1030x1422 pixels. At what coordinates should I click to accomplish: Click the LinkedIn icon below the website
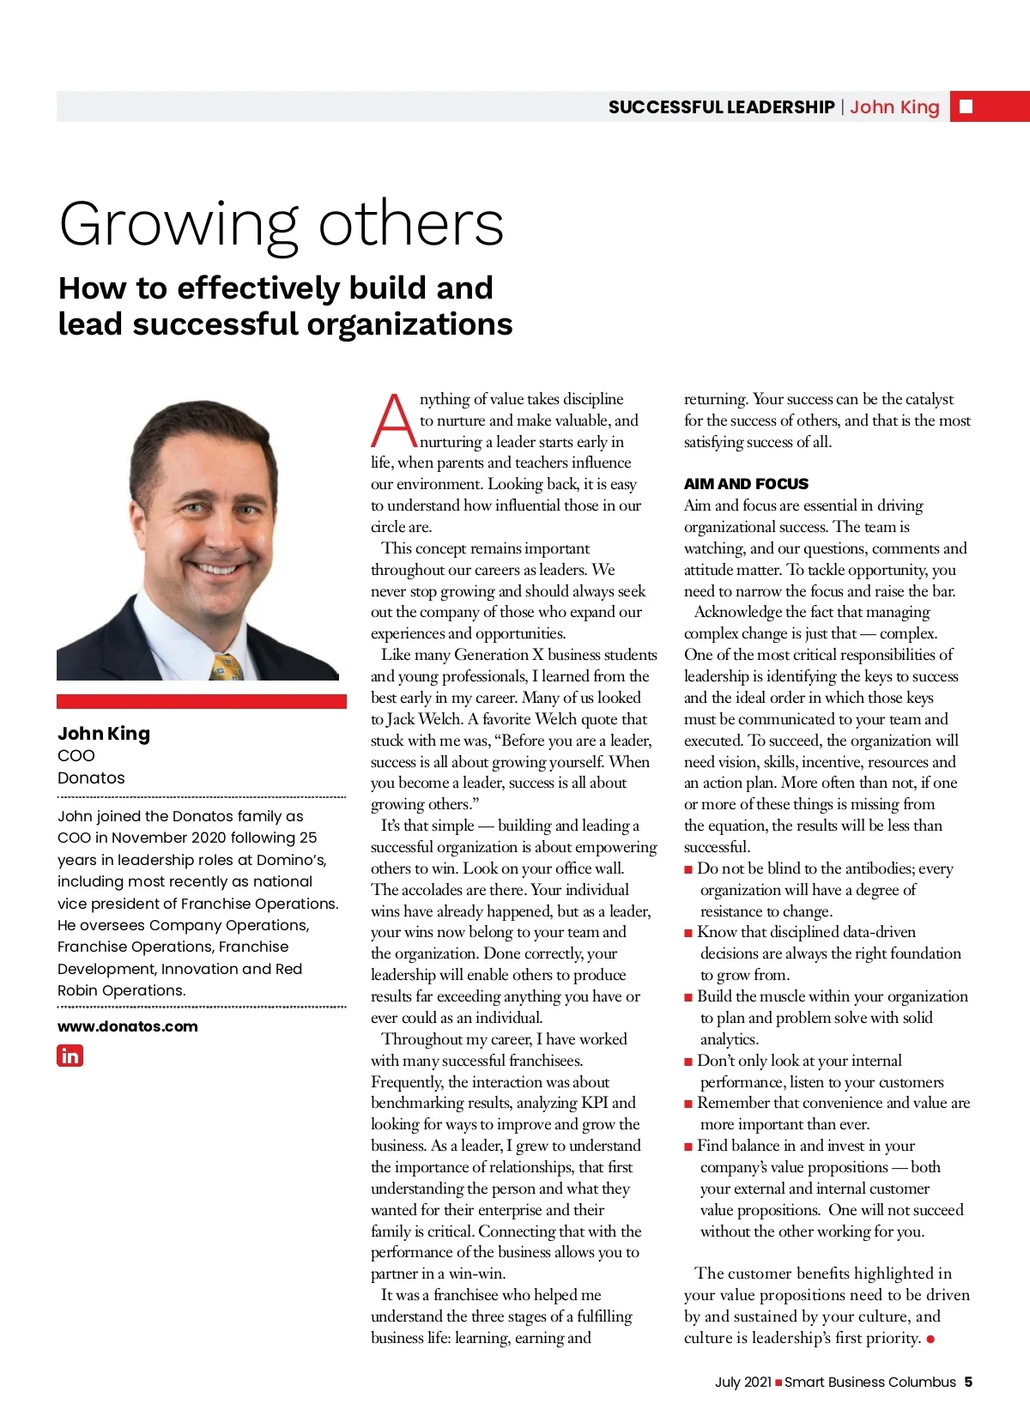tap(70, 1056)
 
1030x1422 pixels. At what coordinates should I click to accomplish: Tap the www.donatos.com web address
tap(127, 1026)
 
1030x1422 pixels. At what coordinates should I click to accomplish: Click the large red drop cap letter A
tap(393, 421)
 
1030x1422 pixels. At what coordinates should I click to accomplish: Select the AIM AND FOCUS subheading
tap(746, 484)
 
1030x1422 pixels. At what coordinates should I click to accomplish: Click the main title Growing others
tap(281, 224)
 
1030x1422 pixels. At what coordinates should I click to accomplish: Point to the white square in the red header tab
tap(966, 106)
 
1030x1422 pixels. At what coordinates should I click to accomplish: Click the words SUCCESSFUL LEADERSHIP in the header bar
tap(721, 107)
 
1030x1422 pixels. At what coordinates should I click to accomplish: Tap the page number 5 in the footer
tap(968, 1382)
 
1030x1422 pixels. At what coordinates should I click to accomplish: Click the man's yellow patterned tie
tap(226, 667)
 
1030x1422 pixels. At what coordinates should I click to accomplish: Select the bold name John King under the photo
tap(104, 734)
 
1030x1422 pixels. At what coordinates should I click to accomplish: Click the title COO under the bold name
tap(76, 756)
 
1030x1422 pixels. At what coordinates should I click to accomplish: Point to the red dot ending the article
tap(931, 1339)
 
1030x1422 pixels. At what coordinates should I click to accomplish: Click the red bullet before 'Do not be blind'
tap(688, 869)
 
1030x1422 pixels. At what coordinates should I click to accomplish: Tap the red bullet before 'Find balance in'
tap(688, 1147)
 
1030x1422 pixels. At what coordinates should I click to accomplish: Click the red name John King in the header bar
tap(894, 107)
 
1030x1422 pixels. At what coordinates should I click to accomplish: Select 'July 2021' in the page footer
tap(743, 1382)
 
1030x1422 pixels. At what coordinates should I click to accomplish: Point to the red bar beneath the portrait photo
tap(202, 701)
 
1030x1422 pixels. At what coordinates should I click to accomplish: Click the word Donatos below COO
tap(91, 778)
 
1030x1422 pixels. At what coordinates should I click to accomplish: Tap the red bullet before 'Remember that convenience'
tap(688, 1104)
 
